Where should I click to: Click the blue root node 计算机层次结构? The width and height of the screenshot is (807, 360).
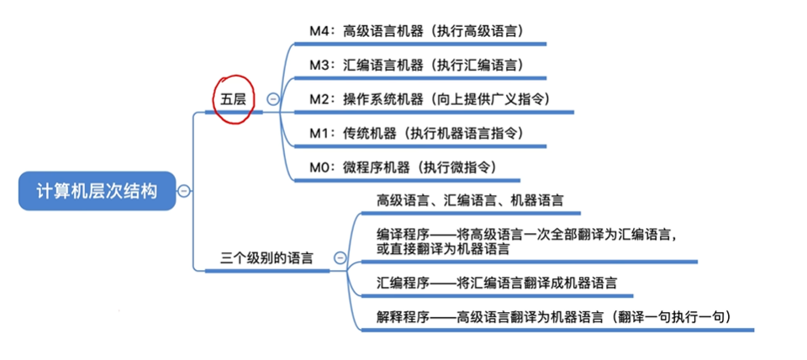(x=96, y=191)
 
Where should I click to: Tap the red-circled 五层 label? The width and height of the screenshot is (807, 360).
(x=233, y=98)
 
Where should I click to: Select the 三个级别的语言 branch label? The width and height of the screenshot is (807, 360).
(x=266, y=258)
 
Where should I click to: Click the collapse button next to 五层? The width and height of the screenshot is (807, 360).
(x=272, y=98)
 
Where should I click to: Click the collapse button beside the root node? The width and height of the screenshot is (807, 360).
(x=184, y=191)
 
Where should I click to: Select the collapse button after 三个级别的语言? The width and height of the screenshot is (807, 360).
(x=340, y=258)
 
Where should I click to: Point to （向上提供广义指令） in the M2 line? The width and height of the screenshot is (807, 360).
(x=490, y=98)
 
